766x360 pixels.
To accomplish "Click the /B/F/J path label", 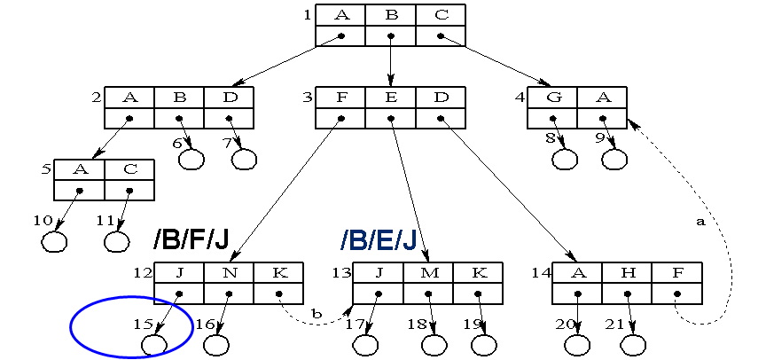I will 191,240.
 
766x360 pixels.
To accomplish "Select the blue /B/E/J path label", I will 379,240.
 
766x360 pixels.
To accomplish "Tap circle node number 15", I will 155,343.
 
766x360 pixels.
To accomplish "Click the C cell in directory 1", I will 441,15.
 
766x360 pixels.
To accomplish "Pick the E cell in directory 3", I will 391,98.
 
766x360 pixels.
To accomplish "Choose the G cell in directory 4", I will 553,98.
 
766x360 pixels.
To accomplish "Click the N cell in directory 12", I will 229,273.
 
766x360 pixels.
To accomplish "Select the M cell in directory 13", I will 429,273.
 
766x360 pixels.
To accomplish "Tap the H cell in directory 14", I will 628,273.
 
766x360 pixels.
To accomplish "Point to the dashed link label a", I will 700,222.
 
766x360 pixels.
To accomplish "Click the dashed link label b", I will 317,313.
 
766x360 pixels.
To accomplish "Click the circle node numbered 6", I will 191,160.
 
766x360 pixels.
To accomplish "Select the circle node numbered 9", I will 614,160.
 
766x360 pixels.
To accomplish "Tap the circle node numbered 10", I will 55,241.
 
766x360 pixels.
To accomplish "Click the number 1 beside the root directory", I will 307,14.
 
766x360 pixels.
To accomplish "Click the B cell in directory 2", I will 179,98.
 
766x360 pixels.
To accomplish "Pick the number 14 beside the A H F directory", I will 540,272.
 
